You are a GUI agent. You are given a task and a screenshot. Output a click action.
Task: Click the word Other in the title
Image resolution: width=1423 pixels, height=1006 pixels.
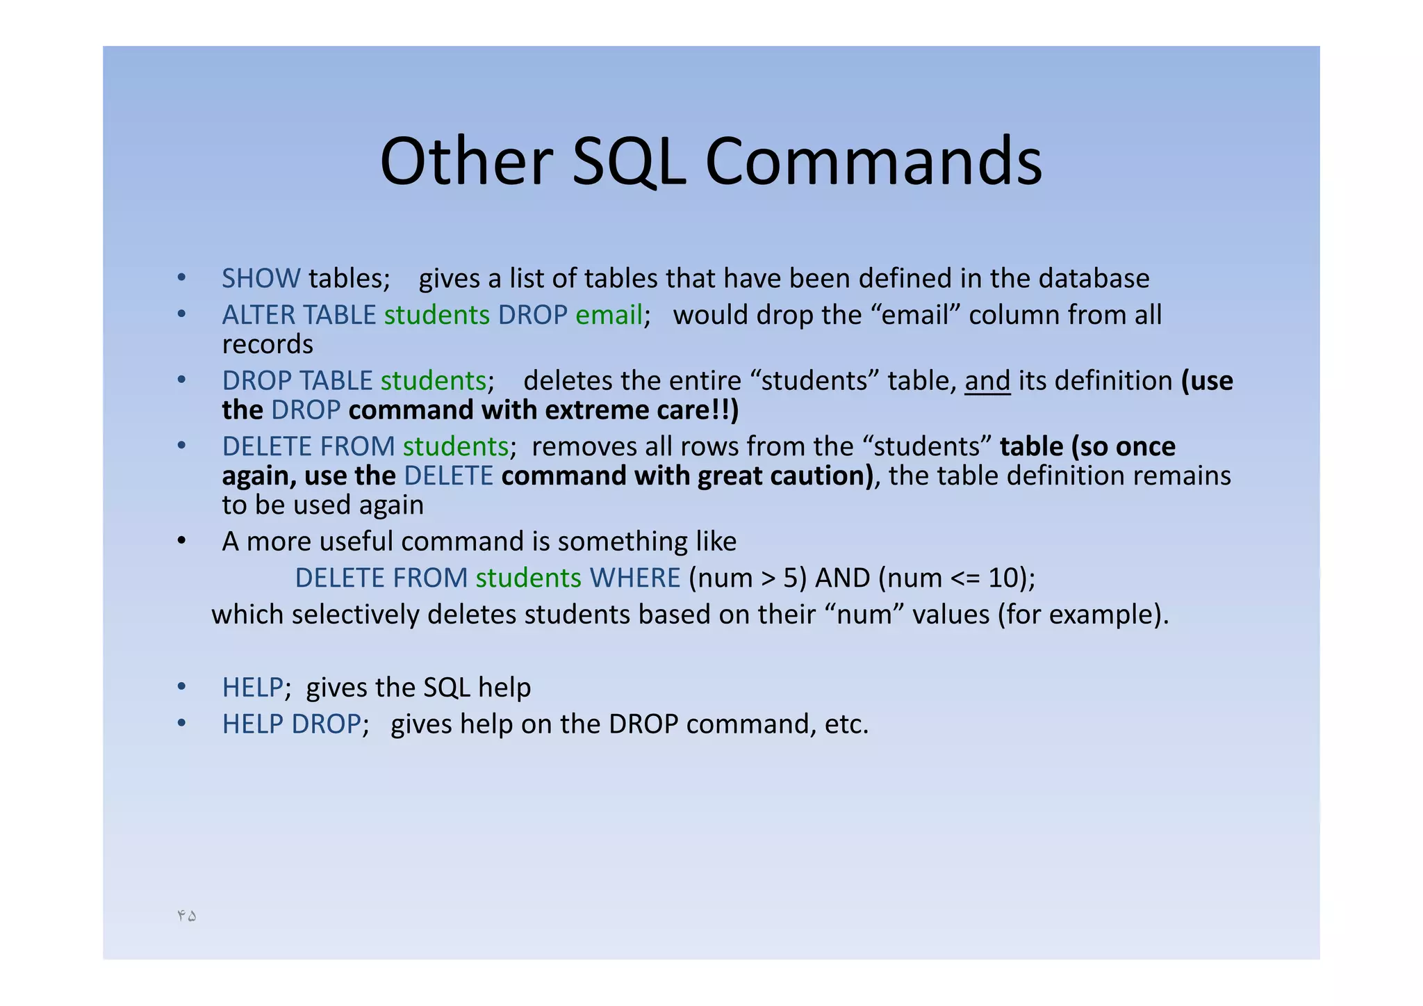(x=466, y=161)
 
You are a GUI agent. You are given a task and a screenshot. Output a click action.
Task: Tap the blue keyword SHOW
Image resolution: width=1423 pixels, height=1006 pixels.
(x=261, y=279)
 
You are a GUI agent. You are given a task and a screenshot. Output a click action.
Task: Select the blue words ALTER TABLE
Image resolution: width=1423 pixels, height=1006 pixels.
(x=299, y=316)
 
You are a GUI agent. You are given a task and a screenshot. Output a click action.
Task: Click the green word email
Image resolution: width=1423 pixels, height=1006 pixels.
(x=609, y=316)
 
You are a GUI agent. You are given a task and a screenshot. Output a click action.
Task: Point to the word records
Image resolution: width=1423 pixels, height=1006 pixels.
(x=268, y=345)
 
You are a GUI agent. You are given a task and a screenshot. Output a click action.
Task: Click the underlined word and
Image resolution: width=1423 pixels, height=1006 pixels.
(x=987, y=381)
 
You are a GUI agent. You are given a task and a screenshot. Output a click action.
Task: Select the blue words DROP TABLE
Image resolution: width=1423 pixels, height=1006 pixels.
(x=297, y=381)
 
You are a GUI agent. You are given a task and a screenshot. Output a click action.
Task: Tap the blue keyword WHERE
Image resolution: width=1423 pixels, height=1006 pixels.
(x=634, y=578)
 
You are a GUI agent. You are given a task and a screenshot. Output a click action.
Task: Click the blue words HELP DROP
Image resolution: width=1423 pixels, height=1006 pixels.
(x=291, y=724)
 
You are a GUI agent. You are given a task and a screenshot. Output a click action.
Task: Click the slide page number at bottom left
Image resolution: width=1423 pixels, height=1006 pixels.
(x=186, y=916)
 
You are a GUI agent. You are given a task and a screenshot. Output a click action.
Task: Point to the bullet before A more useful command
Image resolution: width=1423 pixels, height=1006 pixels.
(x=181, y=541)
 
